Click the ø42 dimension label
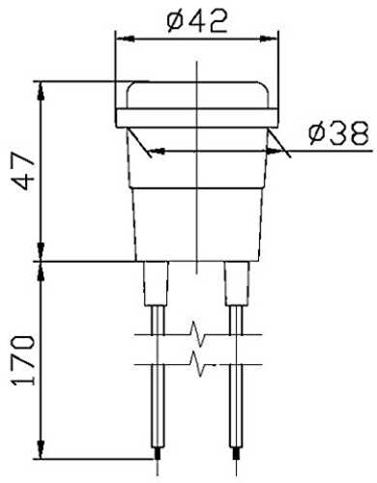197,21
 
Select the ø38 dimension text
338,132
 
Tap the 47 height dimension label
23,171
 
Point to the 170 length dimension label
23,360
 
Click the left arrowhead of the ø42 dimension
126,39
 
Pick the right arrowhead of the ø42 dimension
269,39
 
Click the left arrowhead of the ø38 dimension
157,151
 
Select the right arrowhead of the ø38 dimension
275,151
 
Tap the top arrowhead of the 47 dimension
41,92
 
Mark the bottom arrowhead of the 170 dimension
41,448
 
